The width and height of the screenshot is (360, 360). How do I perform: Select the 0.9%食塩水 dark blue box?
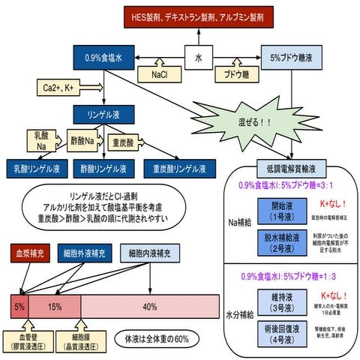pos(104,56)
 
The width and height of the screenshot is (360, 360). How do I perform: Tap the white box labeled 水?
pos(199,55)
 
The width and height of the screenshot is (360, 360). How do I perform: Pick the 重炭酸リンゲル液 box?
pos(180,168)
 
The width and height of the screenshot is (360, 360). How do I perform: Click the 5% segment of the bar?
pos(18,305)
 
